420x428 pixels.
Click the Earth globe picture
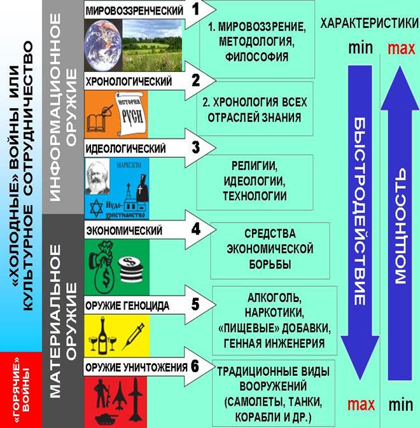[101, 42]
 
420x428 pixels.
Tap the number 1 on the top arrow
[195, 10]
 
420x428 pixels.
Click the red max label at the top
[400, 48]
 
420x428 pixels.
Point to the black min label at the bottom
[400, 404]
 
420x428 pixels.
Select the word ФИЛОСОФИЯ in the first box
[256, 57]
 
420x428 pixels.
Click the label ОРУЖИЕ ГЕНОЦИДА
[128, 305]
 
